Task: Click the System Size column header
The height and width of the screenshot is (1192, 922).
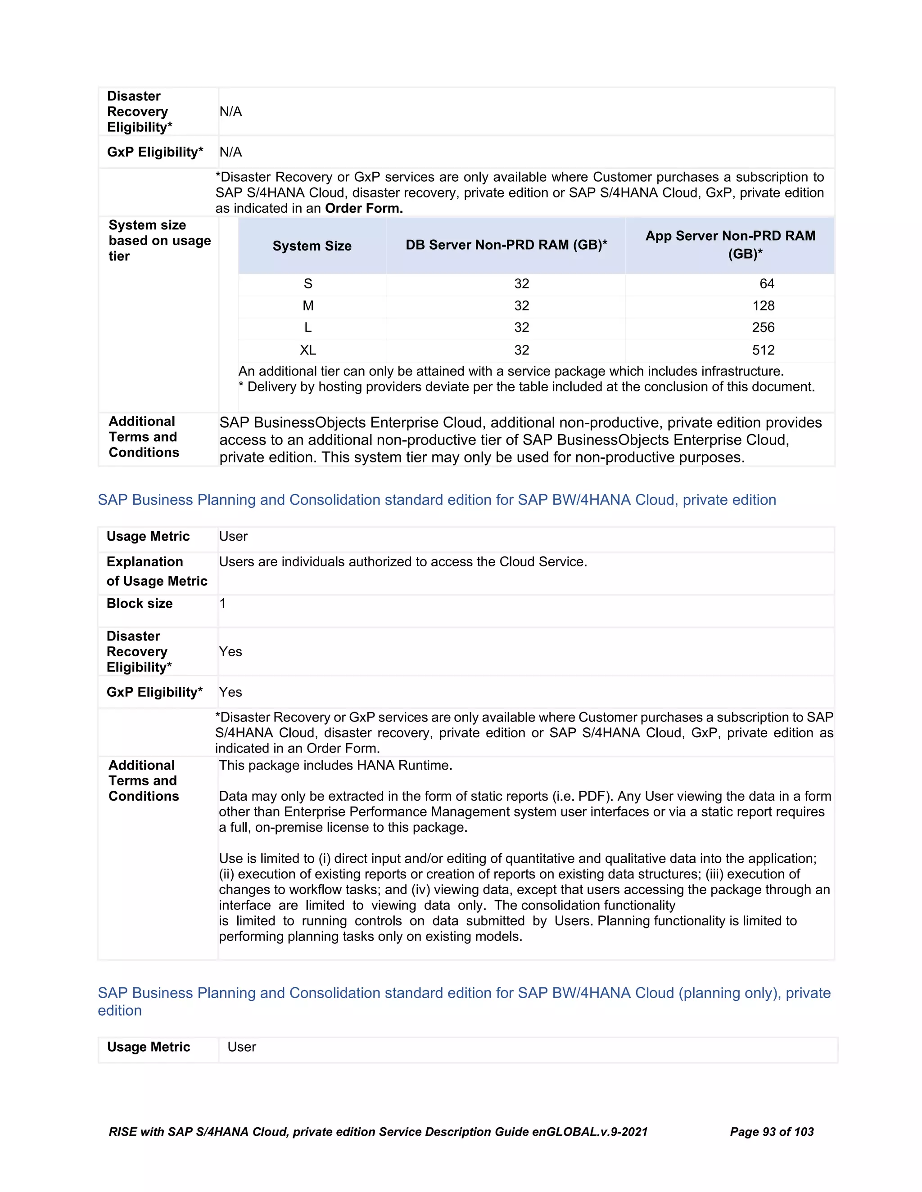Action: click(312, 246)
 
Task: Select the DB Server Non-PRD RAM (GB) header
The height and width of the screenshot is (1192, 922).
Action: click(506, 245)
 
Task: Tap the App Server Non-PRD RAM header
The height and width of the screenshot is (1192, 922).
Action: click(730, 245)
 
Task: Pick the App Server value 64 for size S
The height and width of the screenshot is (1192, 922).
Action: click(766, 284)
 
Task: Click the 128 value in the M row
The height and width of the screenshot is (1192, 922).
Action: click(763, 305)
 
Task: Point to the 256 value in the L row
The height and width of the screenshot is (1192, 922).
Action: click(763, 327)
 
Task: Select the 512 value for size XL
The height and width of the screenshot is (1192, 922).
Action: click(763, 350)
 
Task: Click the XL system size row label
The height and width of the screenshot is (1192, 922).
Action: click(308, 350)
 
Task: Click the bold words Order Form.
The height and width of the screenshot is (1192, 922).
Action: click(364, 209)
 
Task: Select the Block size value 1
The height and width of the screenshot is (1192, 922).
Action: click(222, 604)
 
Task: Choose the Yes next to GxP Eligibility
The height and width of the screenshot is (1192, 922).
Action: click(230, 692)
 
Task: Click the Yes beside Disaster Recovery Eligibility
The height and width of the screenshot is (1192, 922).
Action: click(230, 652)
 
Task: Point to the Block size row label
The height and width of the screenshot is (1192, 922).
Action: click(140, 604)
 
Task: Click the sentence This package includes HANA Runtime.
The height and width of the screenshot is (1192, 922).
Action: click(335, 765)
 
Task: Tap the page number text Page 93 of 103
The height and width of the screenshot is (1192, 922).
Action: click(771, 1132)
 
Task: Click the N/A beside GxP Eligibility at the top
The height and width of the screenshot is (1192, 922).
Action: click(230, 152)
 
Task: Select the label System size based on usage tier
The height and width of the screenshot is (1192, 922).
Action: click(159, 241)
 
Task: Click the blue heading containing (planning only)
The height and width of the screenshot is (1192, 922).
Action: click(464, 993)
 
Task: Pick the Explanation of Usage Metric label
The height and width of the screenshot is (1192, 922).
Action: click(157, 571)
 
